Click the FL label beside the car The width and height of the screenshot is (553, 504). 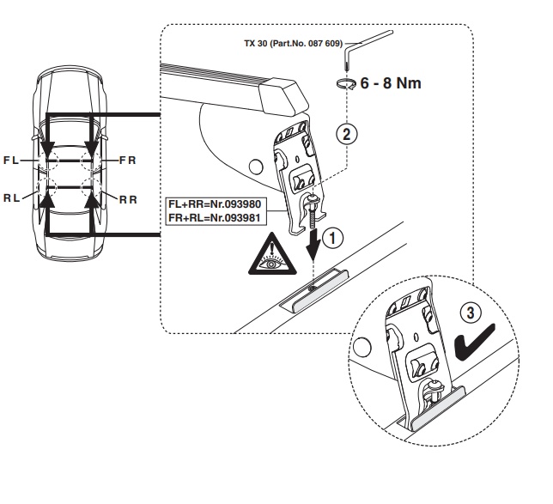click(x=10, y=161)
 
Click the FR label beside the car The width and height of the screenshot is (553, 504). click(x=128, y=161)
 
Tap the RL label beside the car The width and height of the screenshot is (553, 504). click(x=11, y=198)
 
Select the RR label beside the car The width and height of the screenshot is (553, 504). click(x=129, y=200)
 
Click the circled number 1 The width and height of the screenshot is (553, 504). click(x=332, y=237)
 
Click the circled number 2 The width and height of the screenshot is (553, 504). click(x=347, y=135)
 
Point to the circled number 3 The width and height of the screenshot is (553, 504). click(x=471, y=313)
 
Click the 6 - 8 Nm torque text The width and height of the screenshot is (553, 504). click(x=391, y=83)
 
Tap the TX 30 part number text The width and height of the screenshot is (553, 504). click(x=294, y=44)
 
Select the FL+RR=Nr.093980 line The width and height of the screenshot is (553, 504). click(x=215, y=204)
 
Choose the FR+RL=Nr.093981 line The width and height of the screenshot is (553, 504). click(x=215, y=218)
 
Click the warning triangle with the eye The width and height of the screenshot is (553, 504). click(x=272, y=255)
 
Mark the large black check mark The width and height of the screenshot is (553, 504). click(x=474, y=343)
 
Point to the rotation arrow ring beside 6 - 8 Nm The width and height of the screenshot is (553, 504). click(x=345, y=84)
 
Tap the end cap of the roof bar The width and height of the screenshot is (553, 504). click(x=283, y=98)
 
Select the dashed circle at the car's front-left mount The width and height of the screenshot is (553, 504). click(x=47, y=161)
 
